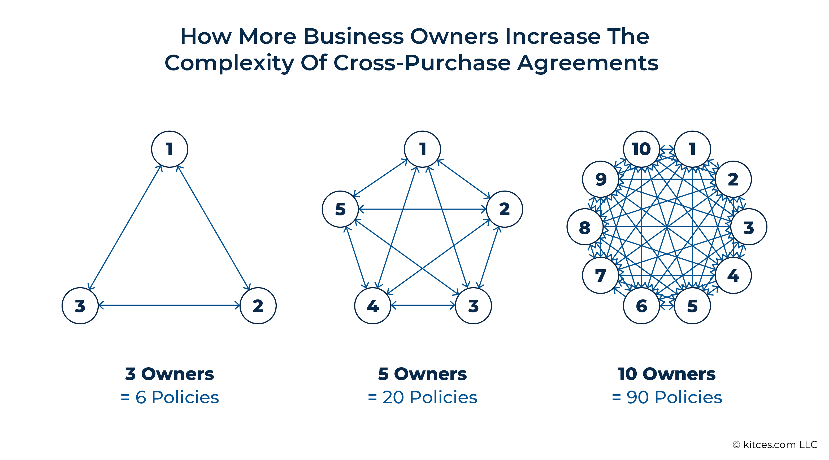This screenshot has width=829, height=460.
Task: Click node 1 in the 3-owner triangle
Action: (170, 149)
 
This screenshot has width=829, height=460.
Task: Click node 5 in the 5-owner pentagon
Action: (340, 209)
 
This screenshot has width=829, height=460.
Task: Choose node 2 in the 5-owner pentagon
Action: (505, 209)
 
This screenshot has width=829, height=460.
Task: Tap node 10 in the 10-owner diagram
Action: (641, 149)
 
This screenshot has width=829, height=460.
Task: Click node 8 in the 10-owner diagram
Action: (585, 227)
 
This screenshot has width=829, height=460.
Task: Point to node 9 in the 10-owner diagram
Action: (601, 179)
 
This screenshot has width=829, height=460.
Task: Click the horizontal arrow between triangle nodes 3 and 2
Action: (169, 305)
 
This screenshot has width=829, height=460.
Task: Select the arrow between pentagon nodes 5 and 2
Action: (423, 209)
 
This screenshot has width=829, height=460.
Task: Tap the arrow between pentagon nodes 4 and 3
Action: (423, 305)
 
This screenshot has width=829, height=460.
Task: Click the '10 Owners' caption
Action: (667, 374)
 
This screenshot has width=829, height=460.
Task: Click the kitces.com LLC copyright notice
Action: (775, 445)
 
